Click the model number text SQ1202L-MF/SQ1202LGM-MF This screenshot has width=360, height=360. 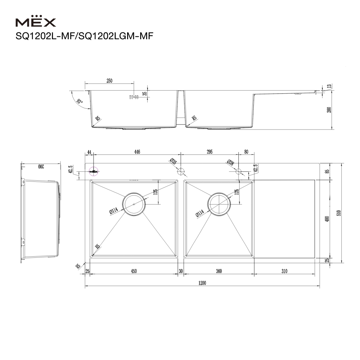pos(84,36)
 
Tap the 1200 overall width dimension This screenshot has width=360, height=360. pos(202,283)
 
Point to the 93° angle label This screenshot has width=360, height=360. pos(80,101)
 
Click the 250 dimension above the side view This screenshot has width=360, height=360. pos(109,81)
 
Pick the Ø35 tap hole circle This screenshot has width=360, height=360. pos(181,171)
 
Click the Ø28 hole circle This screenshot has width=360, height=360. pos(239,171)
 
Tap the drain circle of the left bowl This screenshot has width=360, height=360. pos(134,204)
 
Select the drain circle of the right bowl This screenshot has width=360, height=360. pos(219,204)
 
